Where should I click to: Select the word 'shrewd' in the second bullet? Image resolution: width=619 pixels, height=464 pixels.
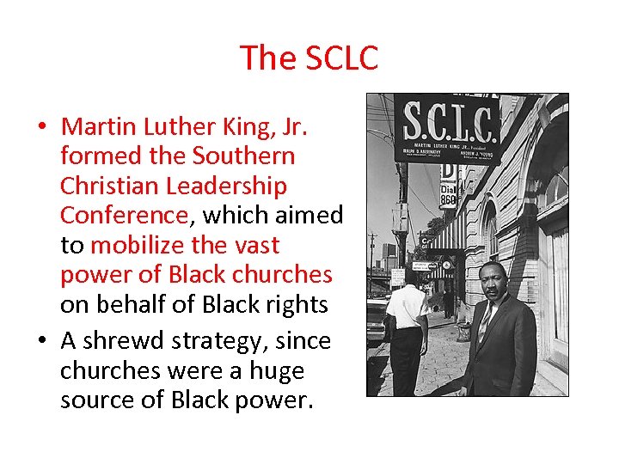(x=126, y=341)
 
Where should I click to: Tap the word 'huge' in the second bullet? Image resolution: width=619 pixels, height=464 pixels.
(x=274, y=371)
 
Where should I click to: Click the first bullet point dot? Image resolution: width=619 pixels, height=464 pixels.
(x=41, y=128)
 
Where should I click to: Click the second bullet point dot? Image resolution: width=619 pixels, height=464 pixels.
(x=41, y=342)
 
